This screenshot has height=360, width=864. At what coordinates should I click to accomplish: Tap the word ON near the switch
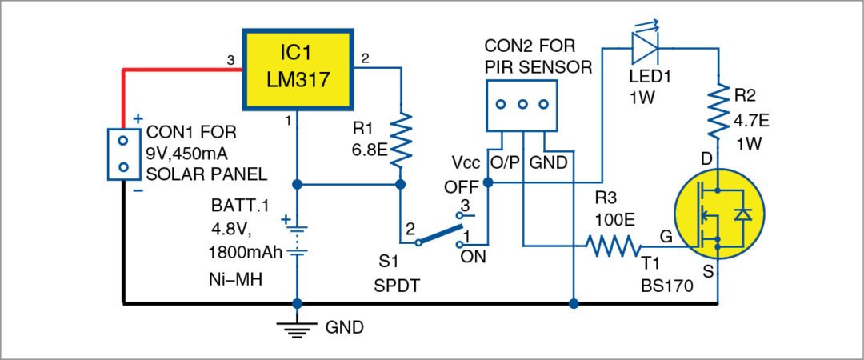pos(471,257)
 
